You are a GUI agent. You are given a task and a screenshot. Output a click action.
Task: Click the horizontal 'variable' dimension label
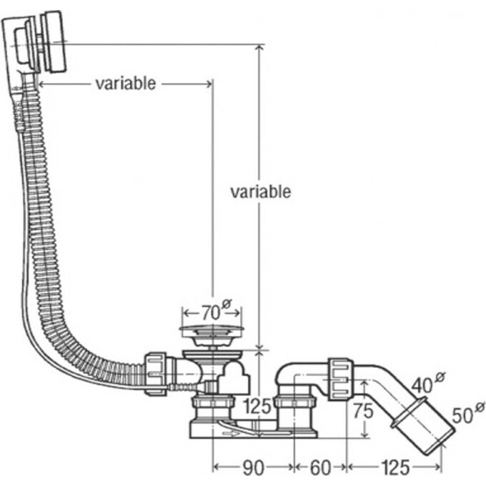126,84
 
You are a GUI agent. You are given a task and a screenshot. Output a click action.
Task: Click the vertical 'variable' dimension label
261,192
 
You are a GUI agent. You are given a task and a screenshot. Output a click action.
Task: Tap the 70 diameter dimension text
211,312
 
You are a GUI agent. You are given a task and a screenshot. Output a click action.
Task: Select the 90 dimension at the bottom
253,468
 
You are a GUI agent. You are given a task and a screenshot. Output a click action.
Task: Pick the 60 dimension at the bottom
320,468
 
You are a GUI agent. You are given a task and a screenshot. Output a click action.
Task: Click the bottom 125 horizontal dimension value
395,468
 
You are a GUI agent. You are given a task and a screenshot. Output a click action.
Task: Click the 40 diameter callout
428,383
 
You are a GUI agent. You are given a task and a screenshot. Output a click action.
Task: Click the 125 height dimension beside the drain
257,407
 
